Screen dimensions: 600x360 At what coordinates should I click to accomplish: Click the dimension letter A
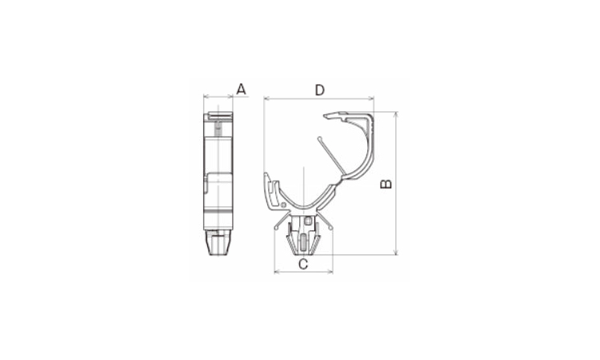(241, 89)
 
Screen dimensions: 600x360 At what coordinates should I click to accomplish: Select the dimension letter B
(386, 184)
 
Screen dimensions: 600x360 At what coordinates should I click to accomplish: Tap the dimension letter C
(303, 264)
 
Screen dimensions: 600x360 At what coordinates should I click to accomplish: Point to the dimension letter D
(319, 90)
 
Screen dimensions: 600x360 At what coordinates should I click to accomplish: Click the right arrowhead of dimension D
(371, 99)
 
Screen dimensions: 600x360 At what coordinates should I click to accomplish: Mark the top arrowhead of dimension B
(396, 114)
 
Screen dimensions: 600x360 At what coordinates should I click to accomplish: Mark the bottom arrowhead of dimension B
(396, 252)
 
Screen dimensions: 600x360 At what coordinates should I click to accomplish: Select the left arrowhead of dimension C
(277, 272)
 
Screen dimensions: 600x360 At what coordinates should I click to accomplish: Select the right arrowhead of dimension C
(330, 272)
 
